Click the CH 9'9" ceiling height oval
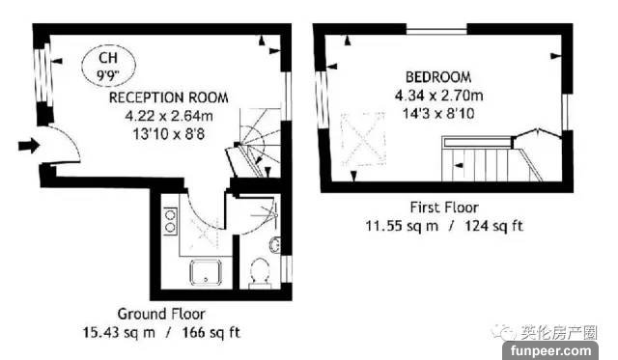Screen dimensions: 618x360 [x=108, y=65]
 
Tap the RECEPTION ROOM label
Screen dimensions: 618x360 [x=169, y=97]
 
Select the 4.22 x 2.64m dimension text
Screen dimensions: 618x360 [x=169, y=116]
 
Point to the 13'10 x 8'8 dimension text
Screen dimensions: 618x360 [x=169, y=134]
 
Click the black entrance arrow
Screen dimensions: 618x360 [x=29, y=146]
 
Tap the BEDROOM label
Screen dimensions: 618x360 [x=438, y=77]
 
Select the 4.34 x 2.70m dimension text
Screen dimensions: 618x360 [x=439, y=96]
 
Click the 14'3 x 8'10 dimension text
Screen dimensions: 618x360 [x=438, y=114]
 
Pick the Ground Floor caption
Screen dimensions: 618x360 [x=161, y=314]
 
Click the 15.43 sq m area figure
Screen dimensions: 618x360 [x=119, y=332]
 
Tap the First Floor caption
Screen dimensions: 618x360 [x=444, y=208]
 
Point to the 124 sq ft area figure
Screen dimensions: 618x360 [x=493, y=226]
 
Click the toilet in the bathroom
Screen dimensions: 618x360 [x=259, y=272]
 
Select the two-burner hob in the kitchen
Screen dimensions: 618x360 [x=170, y=221]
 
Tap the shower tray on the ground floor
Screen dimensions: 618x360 [x=206, y=272]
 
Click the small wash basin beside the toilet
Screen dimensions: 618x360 [x=274, y=244]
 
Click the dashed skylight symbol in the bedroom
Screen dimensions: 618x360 [x=363, y=138]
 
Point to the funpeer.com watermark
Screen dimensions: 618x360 [x=550, y=350]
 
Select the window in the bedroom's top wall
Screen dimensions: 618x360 [x=436, y=30]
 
